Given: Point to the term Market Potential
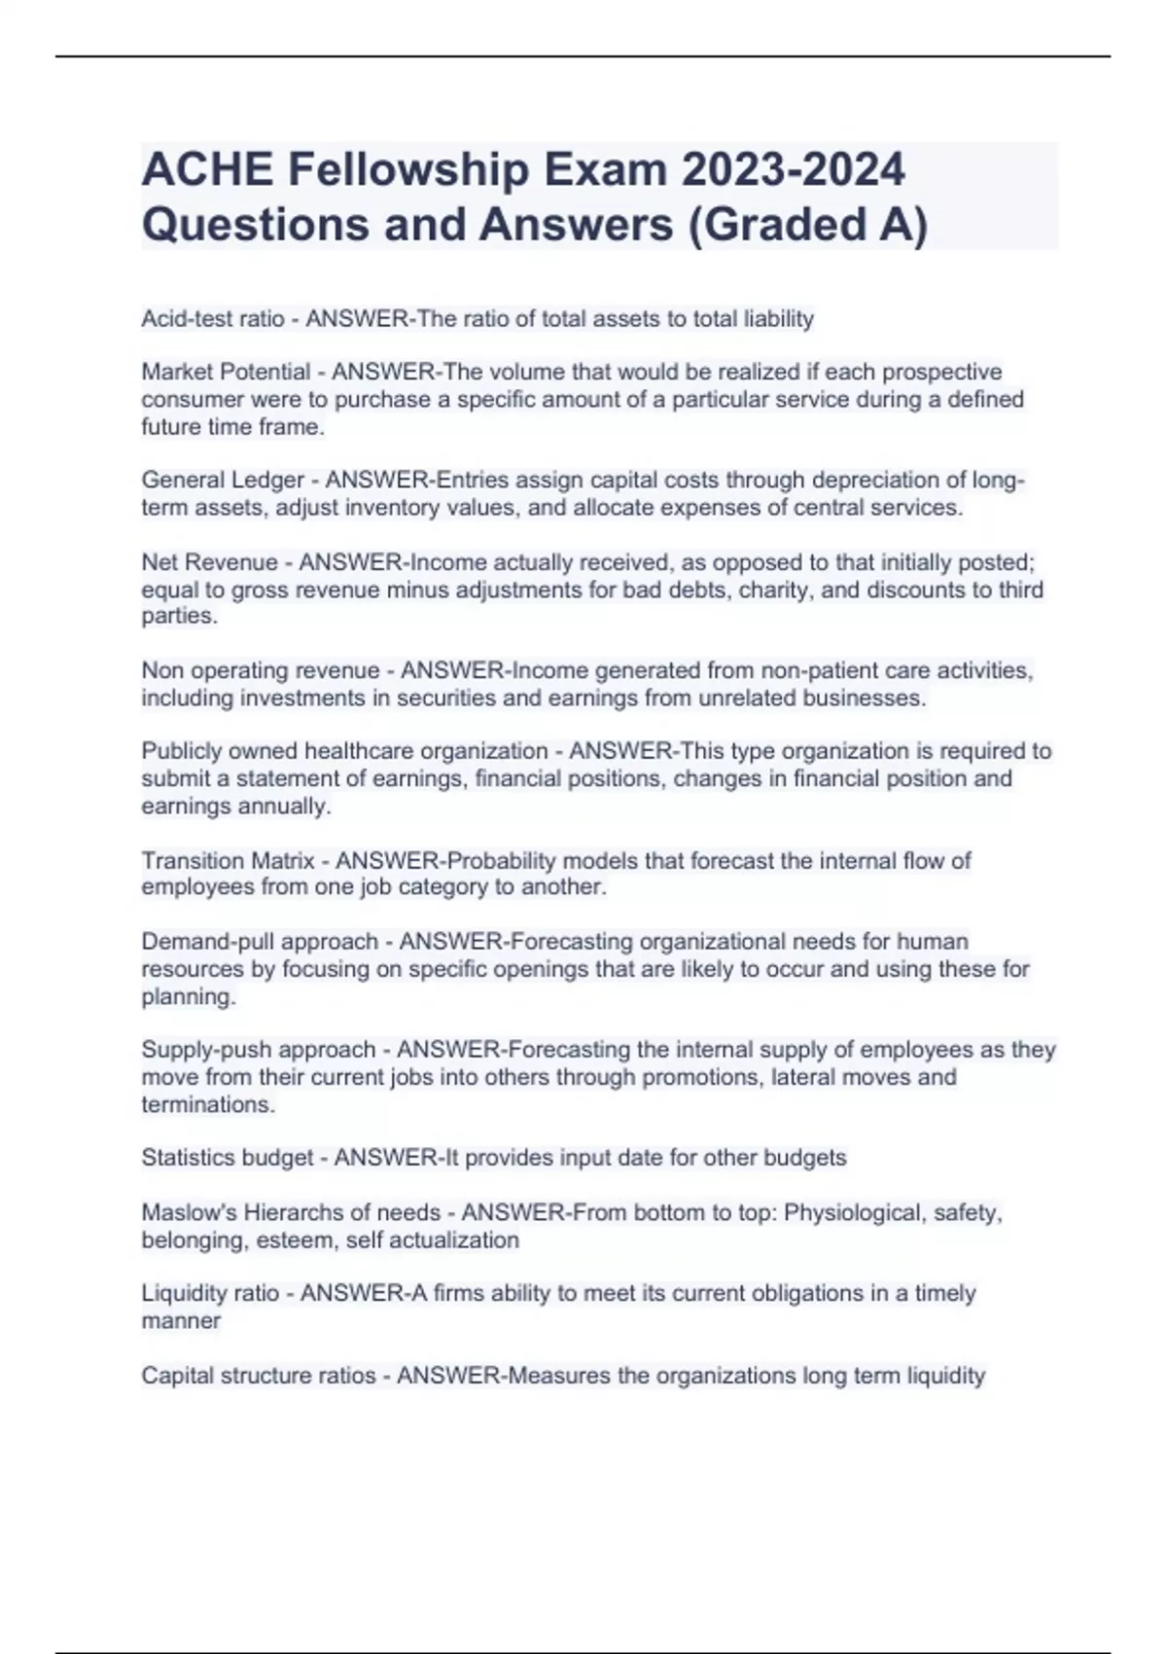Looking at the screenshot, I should pyautogui.click(x=226, y=372).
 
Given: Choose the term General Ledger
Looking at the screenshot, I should pyautogui.click(x=223, y=481).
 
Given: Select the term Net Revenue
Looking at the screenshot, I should pyautogui.click(x=209, y=562).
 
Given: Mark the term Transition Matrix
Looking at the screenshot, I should pyautogui.click(x=228, y=860).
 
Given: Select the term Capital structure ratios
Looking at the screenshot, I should pyautogui.click(x=259, y=1376).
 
